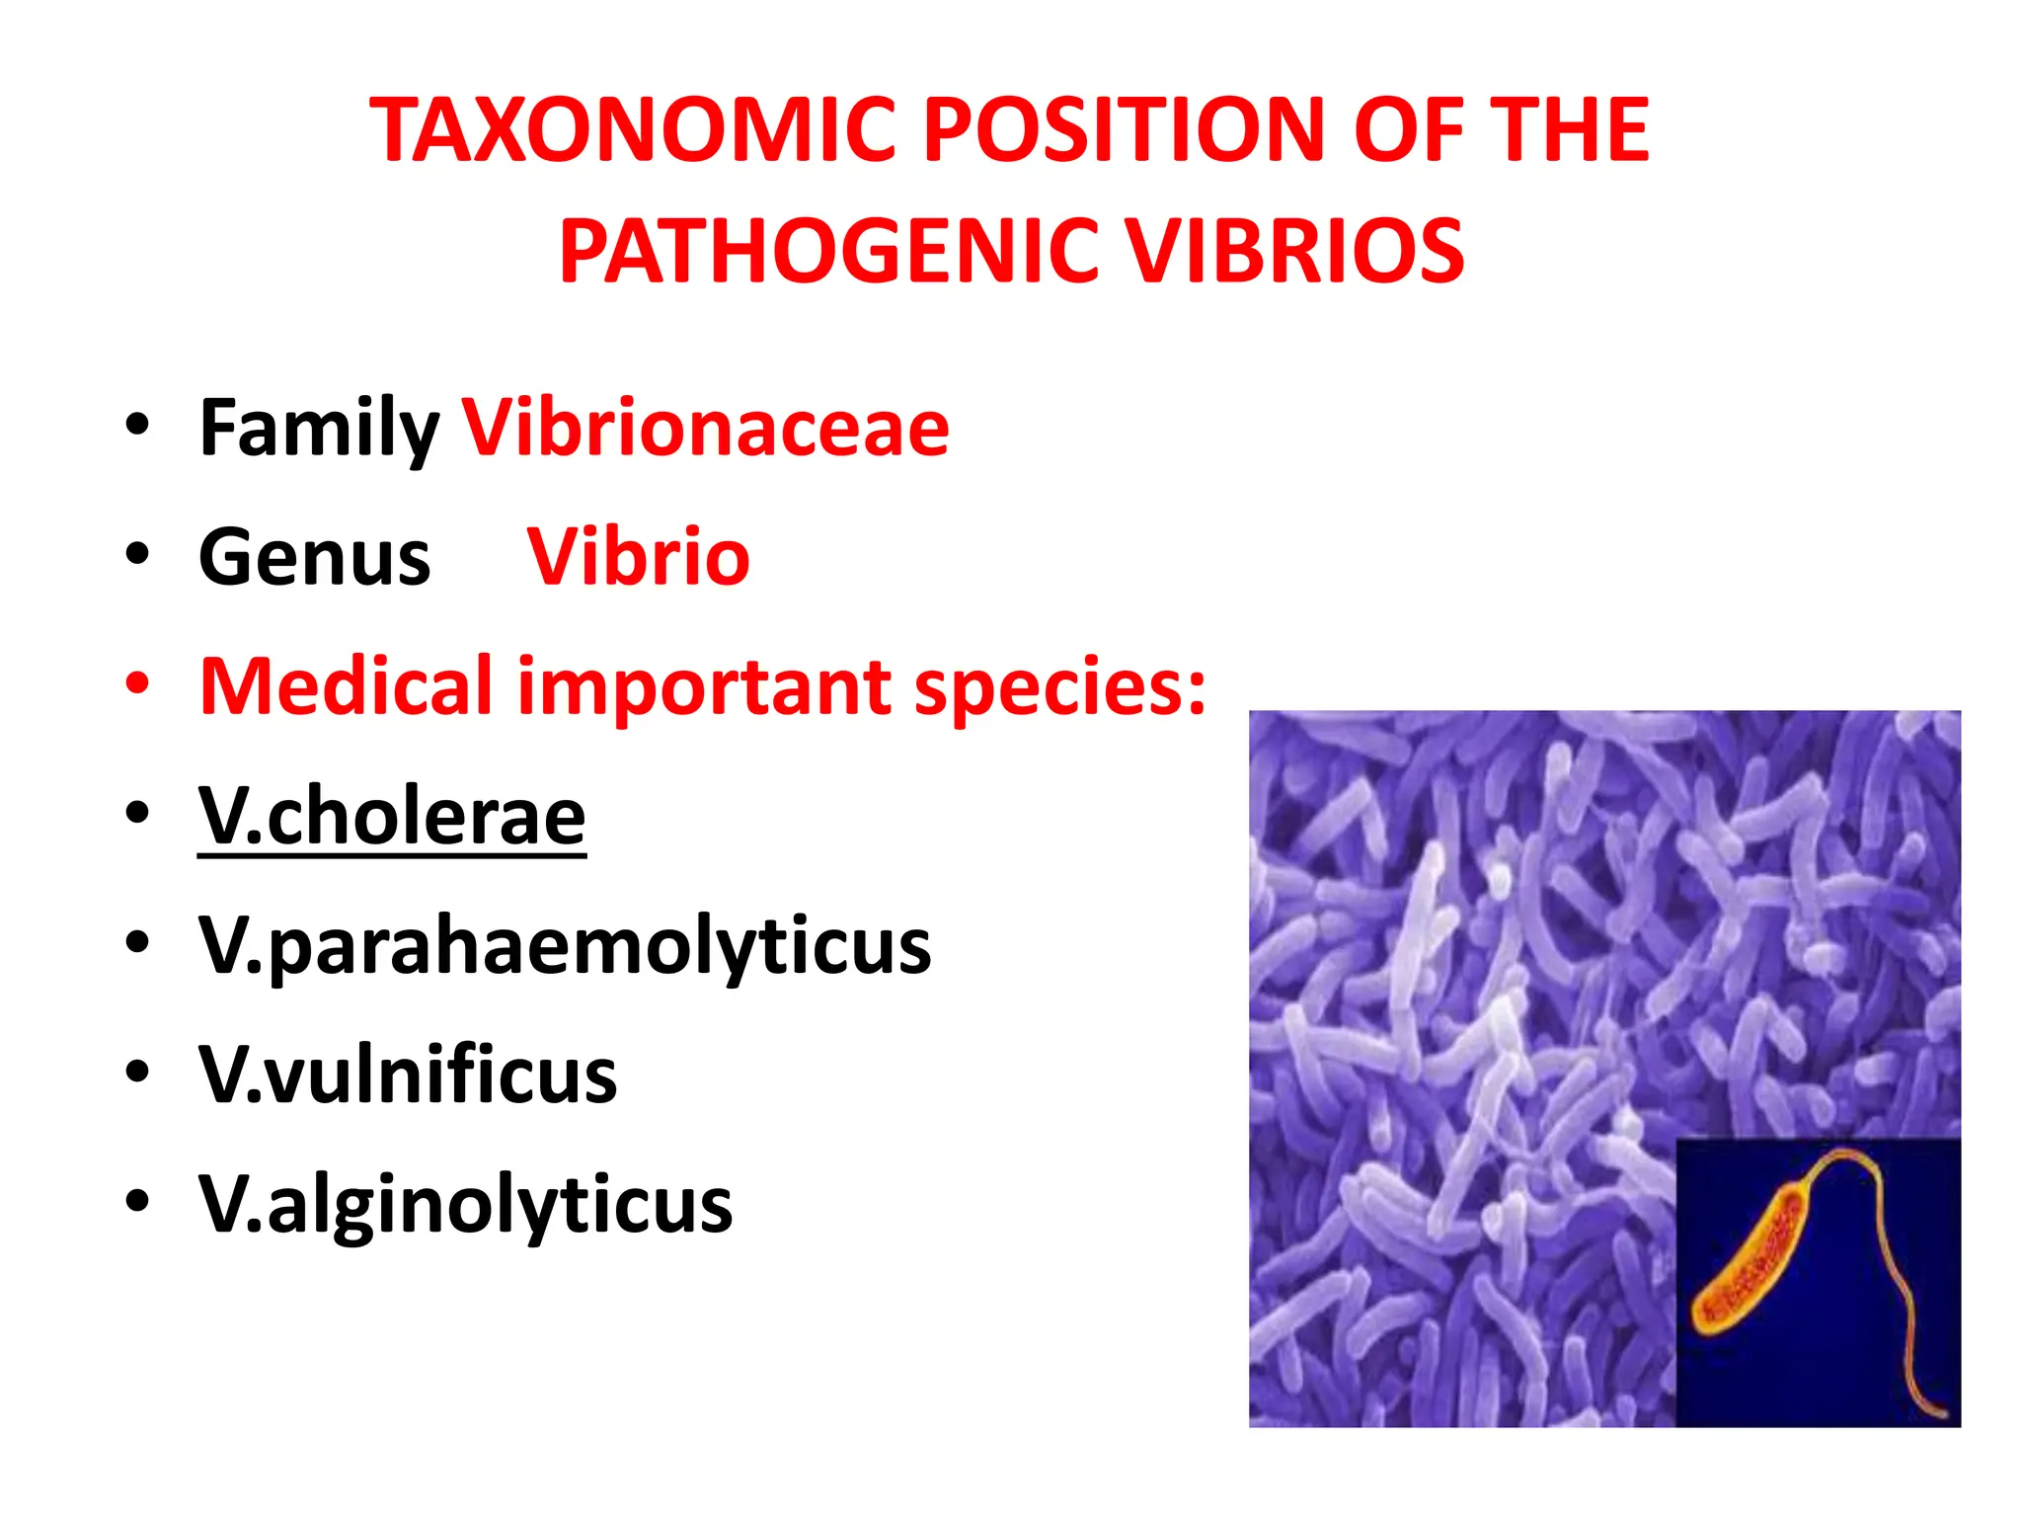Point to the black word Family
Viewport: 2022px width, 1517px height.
(x=318, y=429)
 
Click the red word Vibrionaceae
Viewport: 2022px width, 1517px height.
(x=706, y=429)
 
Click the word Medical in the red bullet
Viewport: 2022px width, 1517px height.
(x=346, y=686)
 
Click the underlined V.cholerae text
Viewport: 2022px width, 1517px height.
(x=392, y=817)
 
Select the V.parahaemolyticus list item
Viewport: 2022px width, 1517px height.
(x=564, y=946)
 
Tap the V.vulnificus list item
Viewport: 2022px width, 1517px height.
(x=408, y=1075)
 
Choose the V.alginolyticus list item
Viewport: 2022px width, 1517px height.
(x=465, y=1205)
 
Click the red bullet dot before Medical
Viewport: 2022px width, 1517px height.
(x=137, y=683)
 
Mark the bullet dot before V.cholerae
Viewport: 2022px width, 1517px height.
(x=137, y=813)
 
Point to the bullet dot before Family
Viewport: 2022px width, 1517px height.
(x=137, y=425)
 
